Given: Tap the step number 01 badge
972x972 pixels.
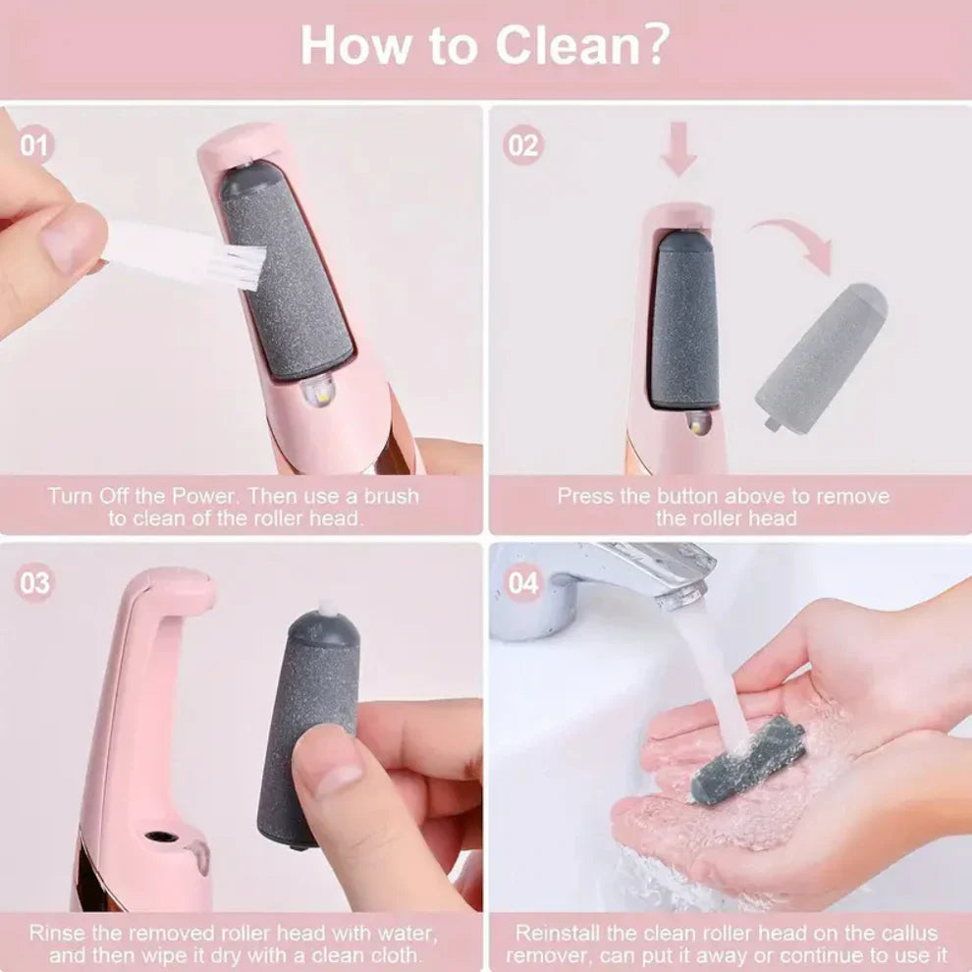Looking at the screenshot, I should tap(35, 146).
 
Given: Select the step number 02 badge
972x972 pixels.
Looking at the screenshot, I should tap(523, 146).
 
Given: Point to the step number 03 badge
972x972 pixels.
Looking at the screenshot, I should tap(35, 583).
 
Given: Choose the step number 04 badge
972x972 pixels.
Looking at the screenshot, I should tap(523, 583).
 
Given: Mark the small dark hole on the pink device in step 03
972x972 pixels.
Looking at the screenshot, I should tap(153, 839).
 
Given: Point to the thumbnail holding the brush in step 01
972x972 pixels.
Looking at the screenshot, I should tap(71, 240).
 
